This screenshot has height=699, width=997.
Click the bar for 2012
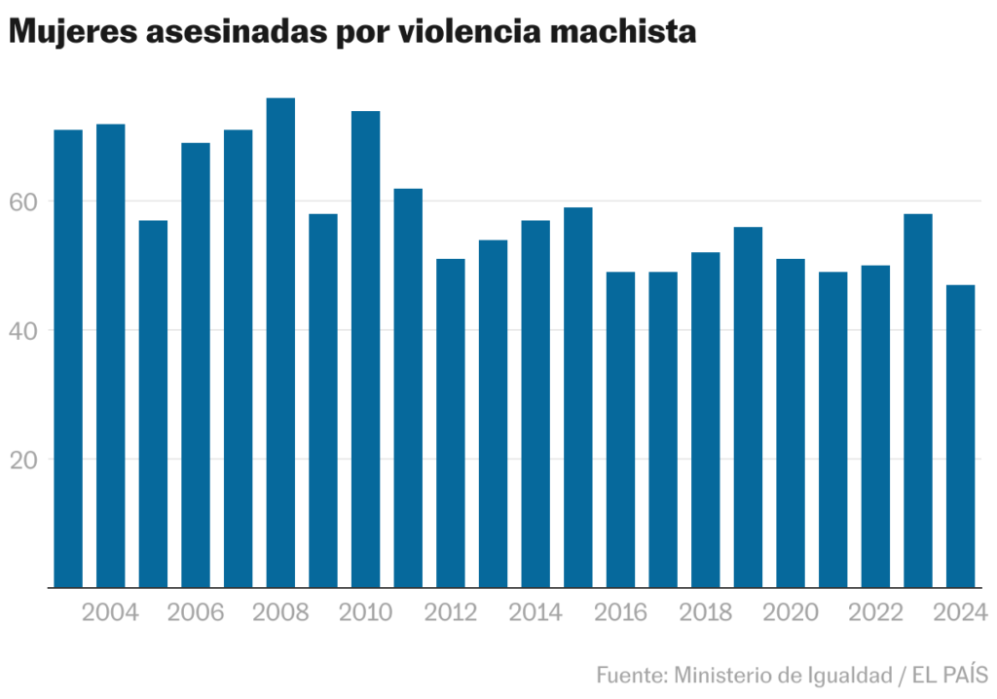coord(451,423)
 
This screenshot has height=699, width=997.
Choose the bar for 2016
coord(620,429)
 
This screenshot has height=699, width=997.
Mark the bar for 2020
coord(791,423)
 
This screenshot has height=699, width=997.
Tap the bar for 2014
coord(535,404)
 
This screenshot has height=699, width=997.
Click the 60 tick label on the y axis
coord(24,202)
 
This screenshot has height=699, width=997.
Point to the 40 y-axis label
coord(24,330)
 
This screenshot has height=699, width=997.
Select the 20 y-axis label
coord(24,459)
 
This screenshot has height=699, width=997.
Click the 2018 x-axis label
coord(705,613)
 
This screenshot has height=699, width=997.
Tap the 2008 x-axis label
coord(280,613)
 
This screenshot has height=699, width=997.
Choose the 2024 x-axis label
coord(960,613)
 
